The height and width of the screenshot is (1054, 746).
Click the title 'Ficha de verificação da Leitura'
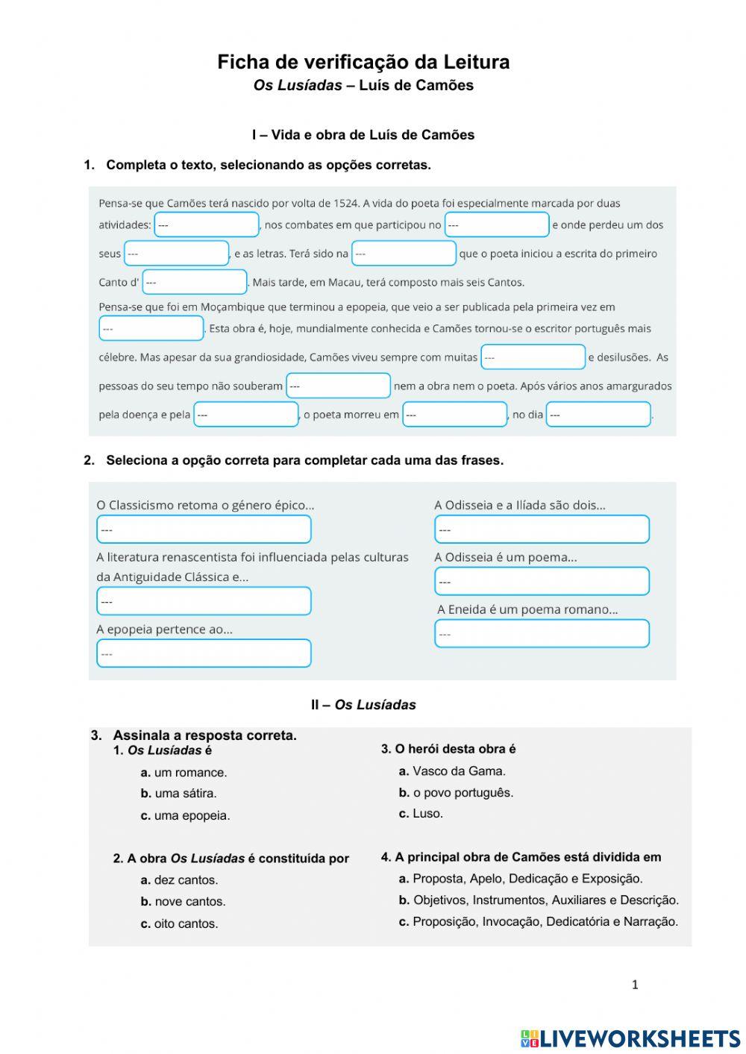click(363, 62)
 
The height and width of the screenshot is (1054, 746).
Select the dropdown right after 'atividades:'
click(207, 225)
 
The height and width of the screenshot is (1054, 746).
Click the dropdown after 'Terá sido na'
click(404, 254)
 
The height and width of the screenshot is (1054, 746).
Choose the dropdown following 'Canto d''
click(195, 282)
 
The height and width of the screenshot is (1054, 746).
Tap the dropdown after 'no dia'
click(598, 415)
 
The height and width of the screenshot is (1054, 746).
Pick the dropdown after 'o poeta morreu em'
click(454, 415)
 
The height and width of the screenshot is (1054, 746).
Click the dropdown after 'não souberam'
click(339, 386)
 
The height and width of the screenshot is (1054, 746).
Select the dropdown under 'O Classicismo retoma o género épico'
click(204, 530)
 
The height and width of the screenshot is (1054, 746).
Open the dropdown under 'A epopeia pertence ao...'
click(204, 653)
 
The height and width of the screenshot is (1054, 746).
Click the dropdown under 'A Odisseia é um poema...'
click(542, 581)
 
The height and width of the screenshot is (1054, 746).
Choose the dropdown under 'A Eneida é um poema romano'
click(542, 634)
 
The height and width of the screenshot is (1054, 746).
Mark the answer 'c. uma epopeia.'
click(185, 815)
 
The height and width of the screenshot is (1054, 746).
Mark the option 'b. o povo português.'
click(456, 792)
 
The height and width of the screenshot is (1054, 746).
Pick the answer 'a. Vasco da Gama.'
click(452, 771)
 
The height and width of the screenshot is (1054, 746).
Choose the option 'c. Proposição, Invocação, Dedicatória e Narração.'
click(538, 922)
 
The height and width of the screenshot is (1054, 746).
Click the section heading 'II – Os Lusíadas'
click(363, 705)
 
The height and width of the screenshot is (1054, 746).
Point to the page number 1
click(635, 985)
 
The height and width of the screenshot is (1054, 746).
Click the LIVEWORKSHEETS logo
click(630, 1038)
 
